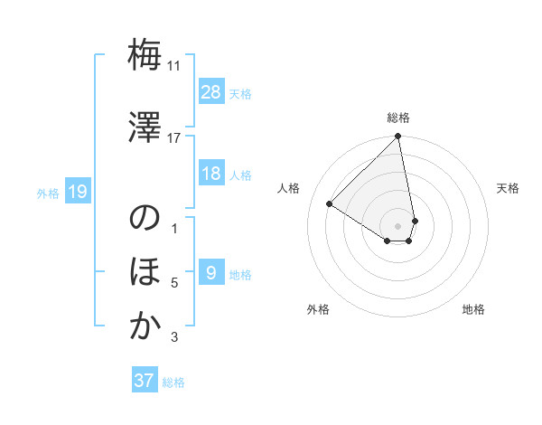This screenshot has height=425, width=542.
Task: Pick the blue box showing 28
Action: tap(210, 92)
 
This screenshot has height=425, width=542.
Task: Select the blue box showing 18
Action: tap(210, 174)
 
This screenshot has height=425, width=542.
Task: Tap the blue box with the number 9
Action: tap(210, 273)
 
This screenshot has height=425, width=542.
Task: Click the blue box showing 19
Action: tap(77, 192)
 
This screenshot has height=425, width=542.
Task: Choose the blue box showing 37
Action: tap(145, 381)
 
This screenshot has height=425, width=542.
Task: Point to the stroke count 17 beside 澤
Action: tap(174, 137)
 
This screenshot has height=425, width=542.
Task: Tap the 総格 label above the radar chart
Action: tap(398, 118)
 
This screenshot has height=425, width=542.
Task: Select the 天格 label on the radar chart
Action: tap(508, 188)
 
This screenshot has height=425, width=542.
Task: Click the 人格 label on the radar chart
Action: tap(289, 188)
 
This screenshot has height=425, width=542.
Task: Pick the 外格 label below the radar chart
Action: tap(318, 309)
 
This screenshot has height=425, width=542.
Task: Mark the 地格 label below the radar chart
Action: tap(473, 309)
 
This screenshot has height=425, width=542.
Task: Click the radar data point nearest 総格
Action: tap(397, 137)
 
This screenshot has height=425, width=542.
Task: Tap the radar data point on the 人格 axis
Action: tap(330, 203)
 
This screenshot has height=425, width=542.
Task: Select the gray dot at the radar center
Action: tap(397, 225)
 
